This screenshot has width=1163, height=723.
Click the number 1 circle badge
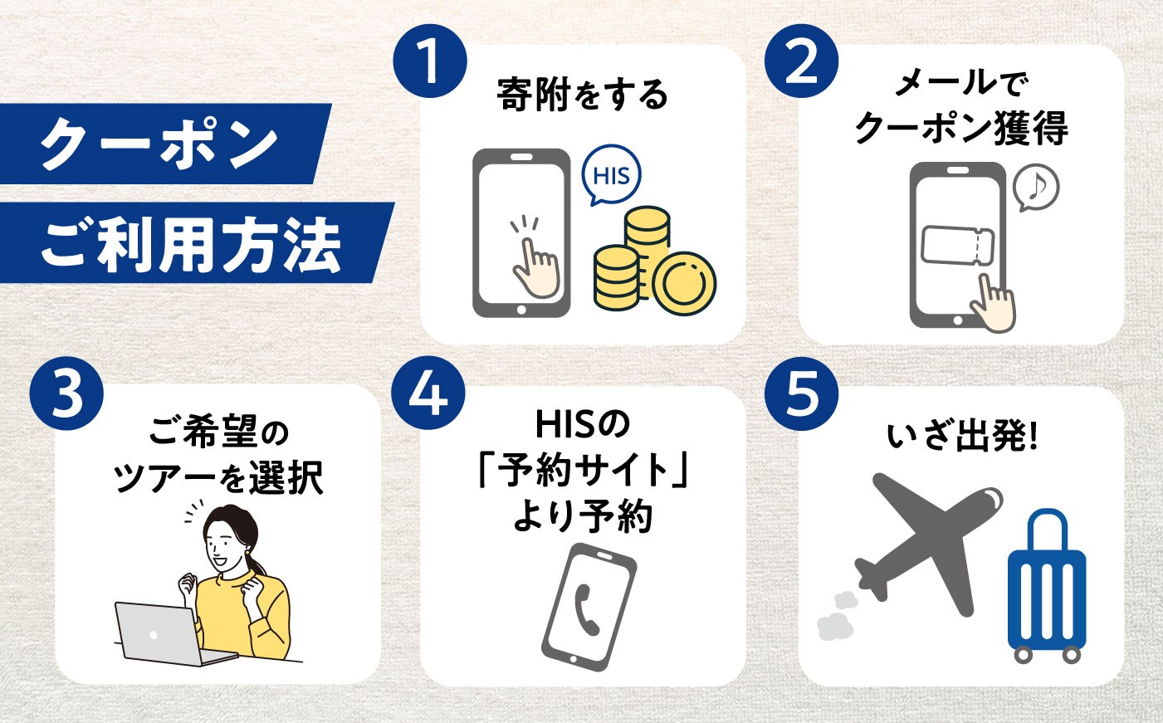pyautogui.click(x=429, y=61)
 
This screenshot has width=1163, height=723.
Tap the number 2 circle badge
pyautogui.click(x=801, y=61)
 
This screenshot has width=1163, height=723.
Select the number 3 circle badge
pyautogui.click(x=66, y=393)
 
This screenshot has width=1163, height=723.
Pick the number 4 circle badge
pyautogui.click(x=428, y=393)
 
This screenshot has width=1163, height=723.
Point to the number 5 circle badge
pyautogui.click(x=801, y=393)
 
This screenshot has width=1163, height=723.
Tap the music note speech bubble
pyautogui.click(x=1036, y=188)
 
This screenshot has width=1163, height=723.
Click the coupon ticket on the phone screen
pyautogui.click(x=957, y=246)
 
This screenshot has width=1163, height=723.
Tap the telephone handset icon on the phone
pyautogui.click(x=586, y=610)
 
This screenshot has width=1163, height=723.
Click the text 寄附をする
pyautogui.click(x=583, y=95)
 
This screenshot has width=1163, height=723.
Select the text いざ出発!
pyautogui.click(x=961, y=437)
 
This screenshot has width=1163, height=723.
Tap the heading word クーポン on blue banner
pyautogui.click(x=159, y=144)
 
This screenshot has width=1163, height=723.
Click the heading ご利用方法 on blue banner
pyautogui.click(x=191, y=245)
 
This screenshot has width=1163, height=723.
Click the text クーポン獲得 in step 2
pyautogui.click(x=961, y=128)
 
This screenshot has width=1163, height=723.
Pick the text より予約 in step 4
pyautogui.click(x=583, y=516)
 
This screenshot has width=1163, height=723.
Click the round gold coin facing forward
pyautogui.click(x=684, y=283)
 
